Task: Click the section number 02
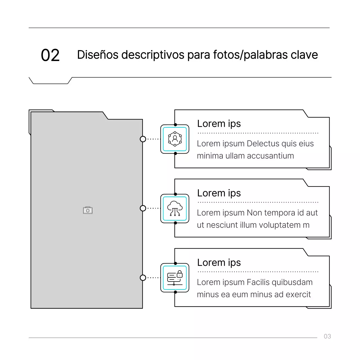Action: pos(50,55)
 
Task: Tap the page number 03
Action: pos(327,336)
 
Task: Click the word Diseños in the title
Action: pos(98,55)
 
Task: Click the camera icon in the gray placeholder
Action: pos(88,210)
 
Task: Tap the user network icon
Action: pos(175,139)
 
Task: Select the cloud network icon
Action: pos(175,208)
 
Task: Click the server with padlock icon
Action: pos(175,278)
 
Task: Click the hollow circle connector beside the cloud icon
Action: pos(143,208)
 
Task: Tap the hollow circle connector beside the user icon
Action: pos(143,139)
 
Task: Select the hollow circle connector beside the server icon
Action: pos(143,278)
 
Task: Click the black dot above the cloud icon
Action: pos(175,194)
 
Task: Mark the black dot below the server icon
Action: pos(175,292)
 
